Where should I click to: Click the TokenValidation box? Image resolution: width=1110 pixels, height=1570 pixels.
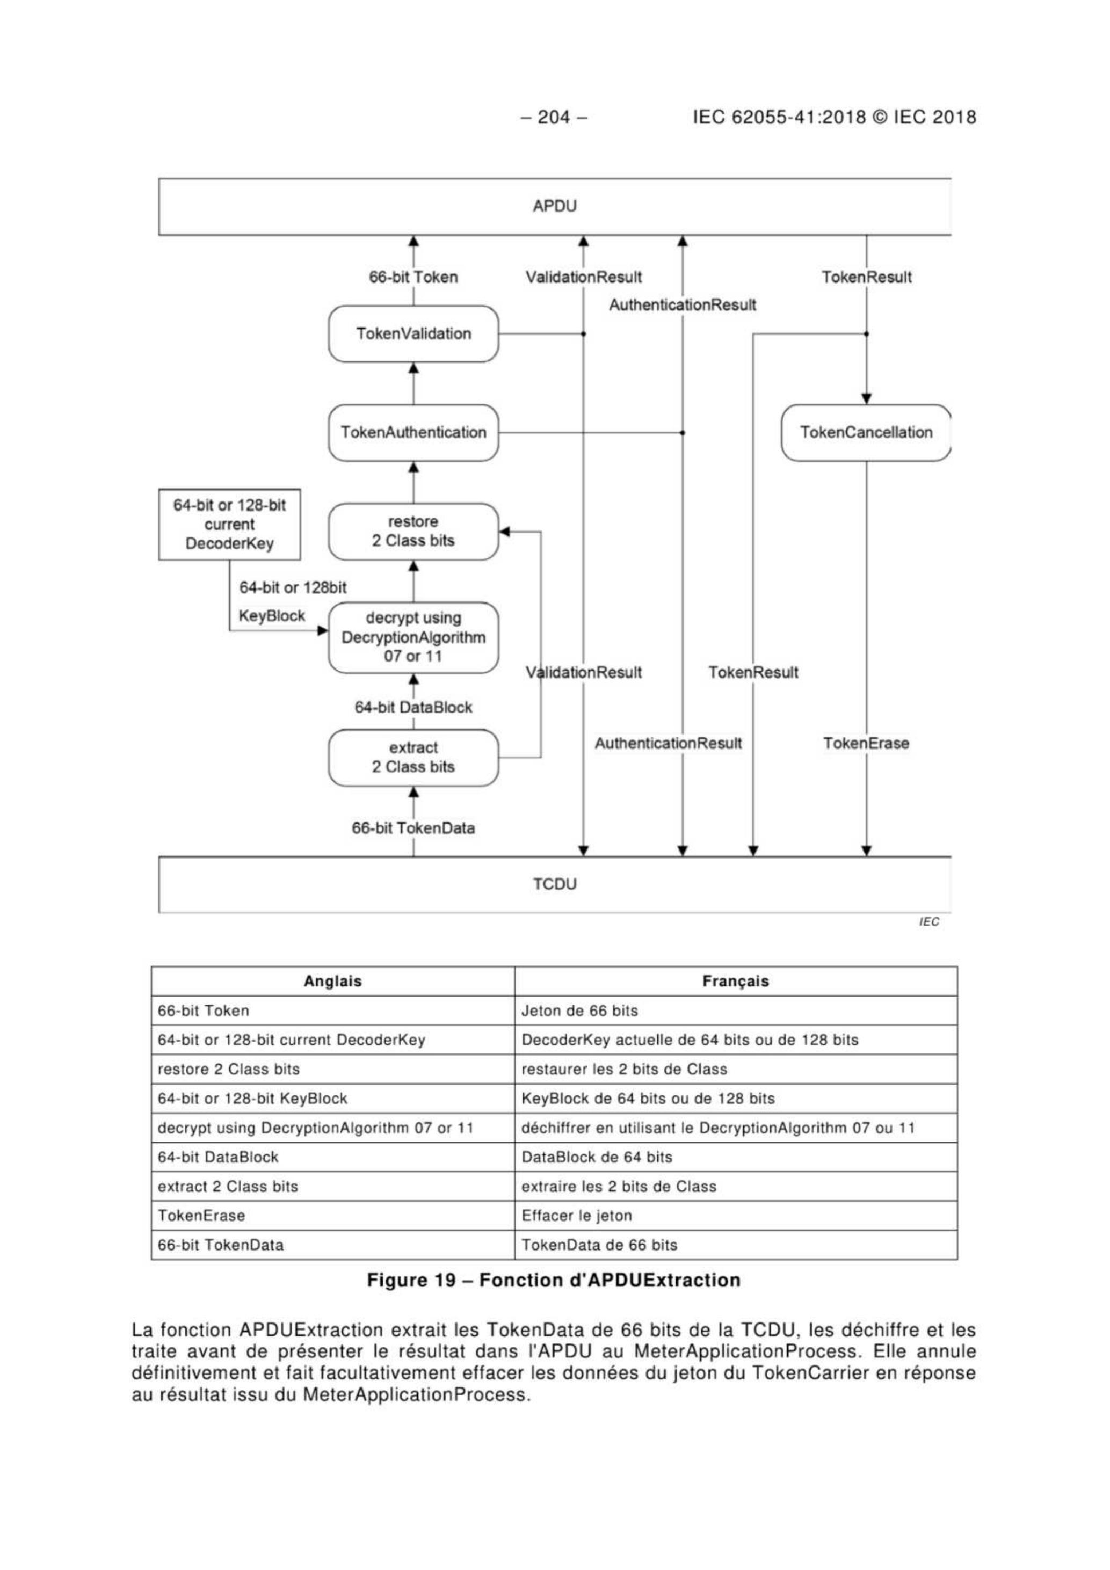pos(413,333)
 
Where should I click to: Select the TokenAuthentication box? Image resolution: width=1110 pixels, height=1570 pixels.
pos(413,432)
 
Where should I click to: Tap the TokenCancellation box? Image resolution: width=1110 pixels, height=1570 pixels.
pos(866,432)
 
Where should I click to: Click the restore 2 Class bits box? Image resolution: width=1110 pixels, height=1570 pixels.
pos(413,532)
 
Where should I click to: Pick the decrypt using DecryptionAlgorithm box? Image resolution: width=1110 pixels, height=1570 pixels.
pos(413,637)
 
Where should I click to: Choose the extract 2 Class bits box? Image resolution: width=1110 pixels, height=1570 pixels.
pos(413,757)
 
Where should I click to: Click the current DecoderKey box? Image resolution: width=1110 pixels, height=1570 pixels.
pos(229,525)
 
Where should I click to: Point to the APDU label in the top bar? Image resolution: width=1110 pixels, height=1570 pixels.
pos(555,206)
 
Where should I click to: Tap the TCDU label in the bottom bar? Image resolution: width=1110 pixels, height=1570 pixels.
pos(555,884)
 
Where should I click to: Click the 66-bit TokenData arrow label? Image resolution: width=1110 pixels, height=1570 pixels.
pos(413,828)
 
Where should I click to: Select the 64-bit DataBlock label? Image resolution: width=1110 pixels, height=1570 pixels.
pos(413,707)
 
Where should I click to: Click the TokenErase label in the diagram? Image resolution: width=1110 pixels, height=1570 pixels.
pos(866,743)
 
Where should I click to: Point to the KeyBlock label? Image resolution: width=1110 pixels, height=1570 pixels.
pos(272,615)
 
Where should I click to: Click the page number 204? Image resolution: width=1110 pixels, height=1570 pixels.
pos(554,117)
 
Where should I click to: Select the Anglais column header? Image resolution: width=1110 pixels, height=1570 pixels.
pos(332,982)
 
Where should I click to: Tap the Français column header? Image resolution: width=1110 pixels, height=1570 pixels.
pos(735,982)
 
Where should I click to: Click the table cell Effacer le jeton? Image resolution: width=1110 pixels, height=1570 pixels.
pos(577,1216)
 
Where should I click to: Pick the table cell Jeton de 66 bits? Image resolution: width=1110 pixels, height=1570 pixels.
pos(579,1011)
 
